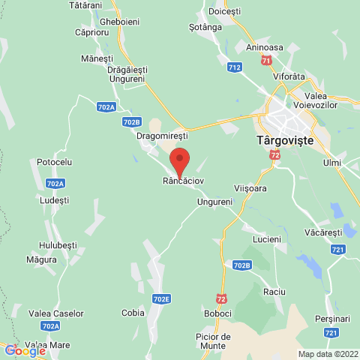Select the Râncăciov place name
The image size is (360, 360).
click(184, 181)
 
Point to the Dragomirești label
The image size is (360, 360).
click(161, 137)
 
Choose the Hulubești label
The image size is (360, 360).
click(59, 244)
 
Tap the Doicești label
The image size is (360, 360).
click(225, 13)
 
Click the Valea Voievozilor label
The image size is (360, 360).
click(330, 101)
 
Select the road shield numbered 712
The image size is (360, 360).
click(235, 67)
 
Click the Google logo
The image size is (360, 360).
click(25, 350)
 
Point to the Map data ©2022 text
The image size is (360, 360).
click(328, 354)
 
